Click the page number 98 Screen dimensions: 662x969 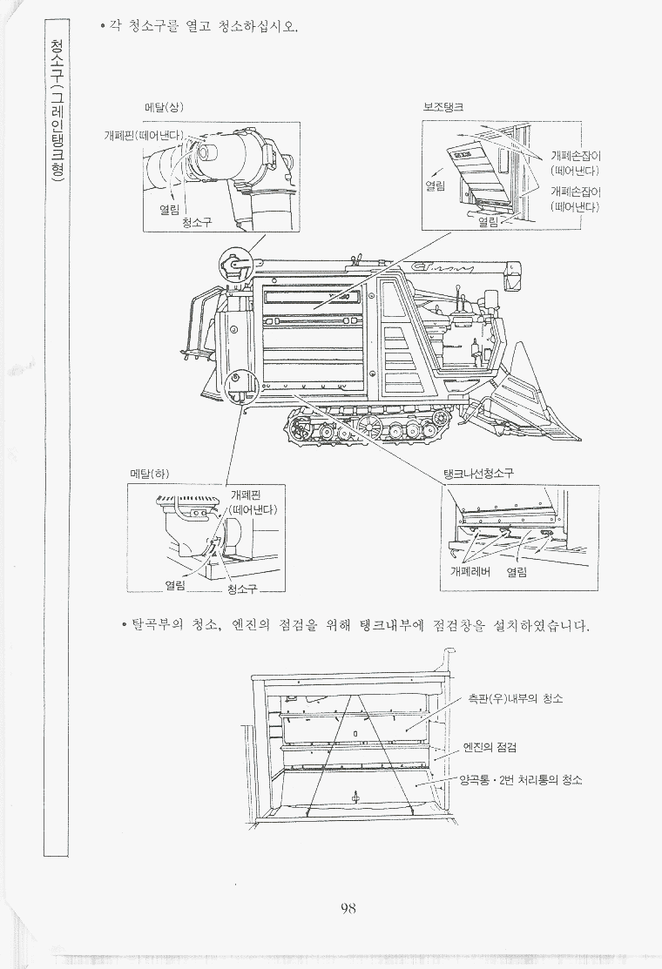pyautogui.click(x=348, y=908)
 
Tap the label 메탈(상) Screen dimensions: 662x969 pyautogui.click(x=165, y=107)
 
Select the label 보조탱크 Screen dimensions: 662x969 pyautogui.click(x=443, y=107)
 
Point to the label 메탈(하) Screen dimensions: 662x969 pyautogui.click(x=149, y=474)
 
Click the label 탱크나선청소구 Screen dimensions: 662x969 pyautogui.click(x=478, y=474)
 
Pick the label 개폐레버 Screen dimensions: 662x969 pyautogui.click(x=470, y=572)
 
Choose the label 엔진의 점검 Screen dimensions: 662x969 pyautogui.click(x=490, y=748)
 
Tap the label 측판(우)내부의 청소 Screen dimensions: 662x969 pyautogui.click(x=515, y=699)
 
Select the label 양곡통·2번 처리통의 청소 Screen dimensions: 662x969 pyautogui.click(x=520, y=780)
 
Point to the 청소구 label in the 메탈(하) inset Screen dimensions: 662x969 pyautogui.click(x=241, y=589)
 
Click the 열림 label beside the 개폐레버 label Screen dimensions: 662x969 pyautogui.click(x=517, y=572)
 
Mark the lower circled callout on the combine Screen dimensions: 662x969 pyautogui.click(x=240, y=387)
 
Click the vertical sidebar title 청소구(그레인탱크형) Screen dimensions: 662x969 pyautogui.click(x=57, y=111)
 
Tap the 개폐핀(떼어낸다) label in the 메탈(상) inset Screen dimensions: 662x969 pyautogui.click(x=144, y=135)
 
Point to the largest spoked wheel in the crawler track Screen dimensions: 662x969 pyautogui.click(x=369, y=426)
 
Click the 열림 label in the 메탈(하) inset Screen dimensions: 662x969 pyautogui.click(x=175, y=584)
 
